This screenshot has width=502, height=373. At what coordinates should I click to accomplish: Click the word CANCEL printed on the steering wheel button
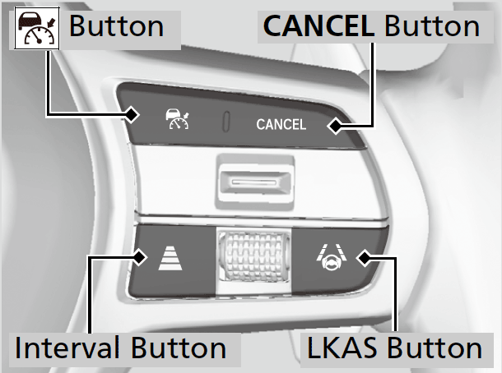coord(281,125)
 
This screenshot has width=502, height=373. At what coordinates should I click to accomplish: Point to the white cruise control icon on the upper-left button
coord(175,121)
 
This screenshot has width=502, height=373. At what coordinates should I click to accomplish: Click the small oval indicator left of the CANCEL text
coord(225,122)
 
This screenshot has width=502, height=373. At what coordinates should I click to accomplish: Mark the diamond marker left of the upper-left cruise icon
coord(132,115)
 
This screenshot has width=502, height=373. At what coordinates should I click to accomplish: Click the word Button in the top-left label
coord(116,26)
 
